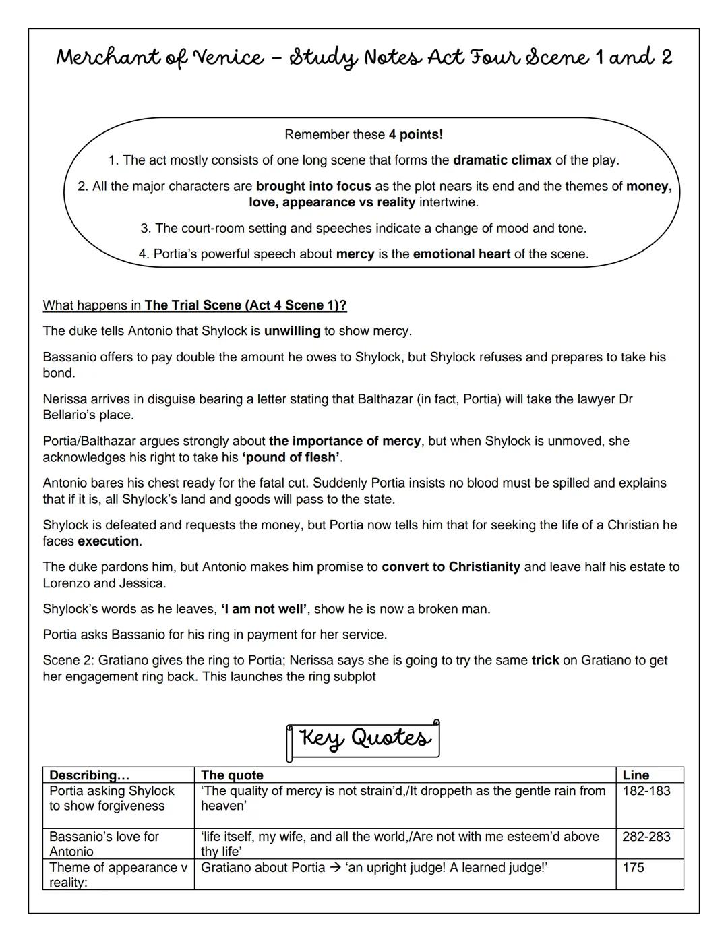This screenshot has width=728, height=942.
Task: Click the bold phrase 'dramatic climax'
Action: click(502, 160)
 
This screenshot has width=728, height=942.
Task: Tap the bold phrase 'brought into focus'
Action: click(313, 186)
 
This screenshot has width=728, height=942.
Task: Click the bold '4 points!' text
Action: click(415, 134)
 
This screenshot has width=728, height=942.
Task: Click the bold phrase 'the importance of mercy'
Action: click(344, 441)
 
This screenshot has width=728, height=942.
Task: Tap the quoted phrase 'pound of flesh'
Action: click(292, 457)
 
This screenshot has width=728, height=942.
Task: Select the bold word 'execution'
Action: click(109, 541)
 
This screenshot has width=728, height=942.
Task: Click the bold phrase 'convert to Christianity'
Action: click(450, 567)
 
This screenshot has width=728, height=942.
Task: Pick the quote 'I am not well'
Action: click(264, 609)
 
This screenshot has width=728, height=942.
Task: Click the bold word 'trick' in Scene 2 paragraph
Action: click(545, 660)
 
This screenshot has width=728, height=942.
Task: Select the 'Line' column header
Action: click(636, 775)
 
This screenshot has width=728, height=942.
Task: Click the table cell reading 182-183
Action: click(646, 791)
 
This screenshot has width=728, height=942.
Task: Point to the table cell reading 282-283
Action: click(646, 837)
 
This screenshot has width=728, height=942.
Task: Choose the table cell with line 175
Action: click(633, 868)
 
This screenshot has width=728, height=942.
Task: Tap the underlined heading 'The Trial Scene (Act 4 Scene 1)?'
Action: click(245, 305)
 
